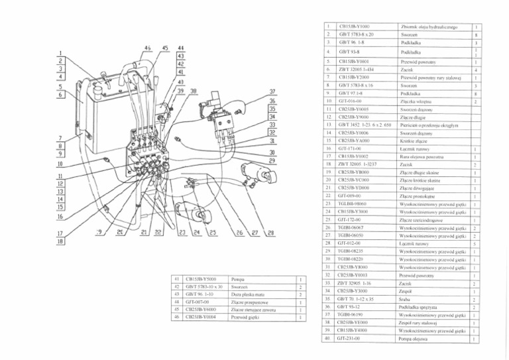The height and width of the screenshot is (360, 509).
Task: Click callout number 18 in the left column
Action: coord(60,243)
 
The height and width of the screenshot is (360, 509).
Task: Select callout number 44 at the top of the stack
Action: coord(180,48)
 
